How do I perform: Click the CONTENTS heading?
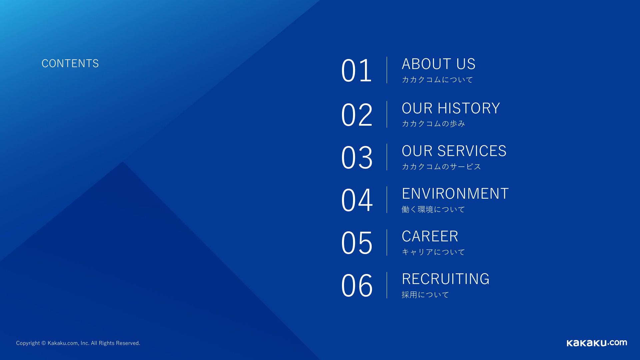(70, 63)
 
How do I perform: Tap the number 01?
(356, 70)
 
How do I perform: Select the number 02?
(356, 115)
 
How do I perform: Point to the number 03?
(356, 157)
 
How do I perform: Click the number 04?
(356, 200)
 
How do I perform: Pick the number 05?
(356, 243)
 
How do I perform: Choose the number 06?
(356, 285)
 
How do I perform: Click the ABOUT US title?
(439, 64)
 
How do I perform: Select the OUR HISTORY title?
(451, 108)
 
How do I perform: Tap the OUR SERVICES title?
(454, 151)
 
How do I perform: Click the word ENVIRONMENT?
(455, 193)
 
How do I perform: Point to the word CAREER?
(430, 236)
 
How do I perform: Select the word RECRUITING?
(446, 279)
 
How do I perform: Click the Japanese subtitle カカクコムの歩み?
(433, 124)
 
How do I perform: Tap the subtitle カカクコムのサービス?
(441, 166)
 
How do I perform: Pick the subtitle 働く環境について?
(433, 209)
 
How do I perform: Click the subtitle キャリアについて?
(433, 252)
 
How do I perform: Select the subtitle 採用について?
(425, 295)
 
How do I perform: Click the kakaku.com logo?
(597, 343)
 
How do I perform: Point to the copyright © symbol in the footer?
(43, 343)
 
